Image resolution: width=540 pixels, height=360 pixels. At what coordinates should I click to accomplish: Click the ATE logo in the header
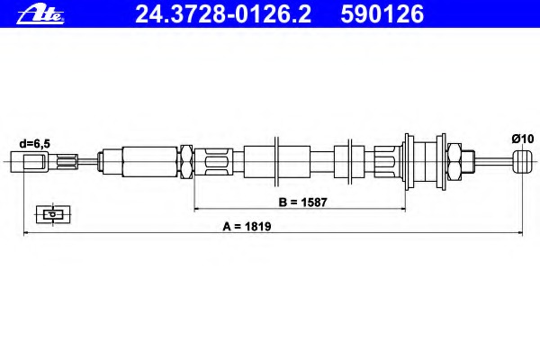(x=40, y=15)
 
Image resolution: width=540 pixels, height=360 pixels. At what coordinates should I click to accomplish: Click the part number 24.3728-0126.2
(x=223, y=14)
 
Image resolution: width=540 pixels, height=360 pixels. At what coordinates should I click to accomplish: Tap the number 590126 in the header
(x=382, y=14)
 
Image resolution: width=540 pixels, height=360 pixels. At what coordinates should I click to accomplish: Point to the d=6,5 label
(x=34, y=144)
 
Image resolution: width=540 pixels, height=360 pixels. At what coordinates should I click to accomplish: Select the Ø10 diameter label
(x=522, y=139)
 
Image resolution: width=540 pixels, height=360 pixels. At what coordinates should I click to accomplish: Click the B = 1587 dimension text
(x=302, y=202)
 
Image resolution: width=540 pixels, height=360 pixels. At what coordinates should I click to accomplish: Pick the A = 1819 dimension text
(x=247, y=226)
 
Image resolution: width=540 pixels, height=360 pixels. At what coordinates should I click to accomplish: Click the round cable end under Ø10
(x=522, y=162)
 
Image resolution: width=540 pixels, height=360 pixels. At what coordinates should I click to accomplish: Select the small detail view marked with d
(x=53, y=214)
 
